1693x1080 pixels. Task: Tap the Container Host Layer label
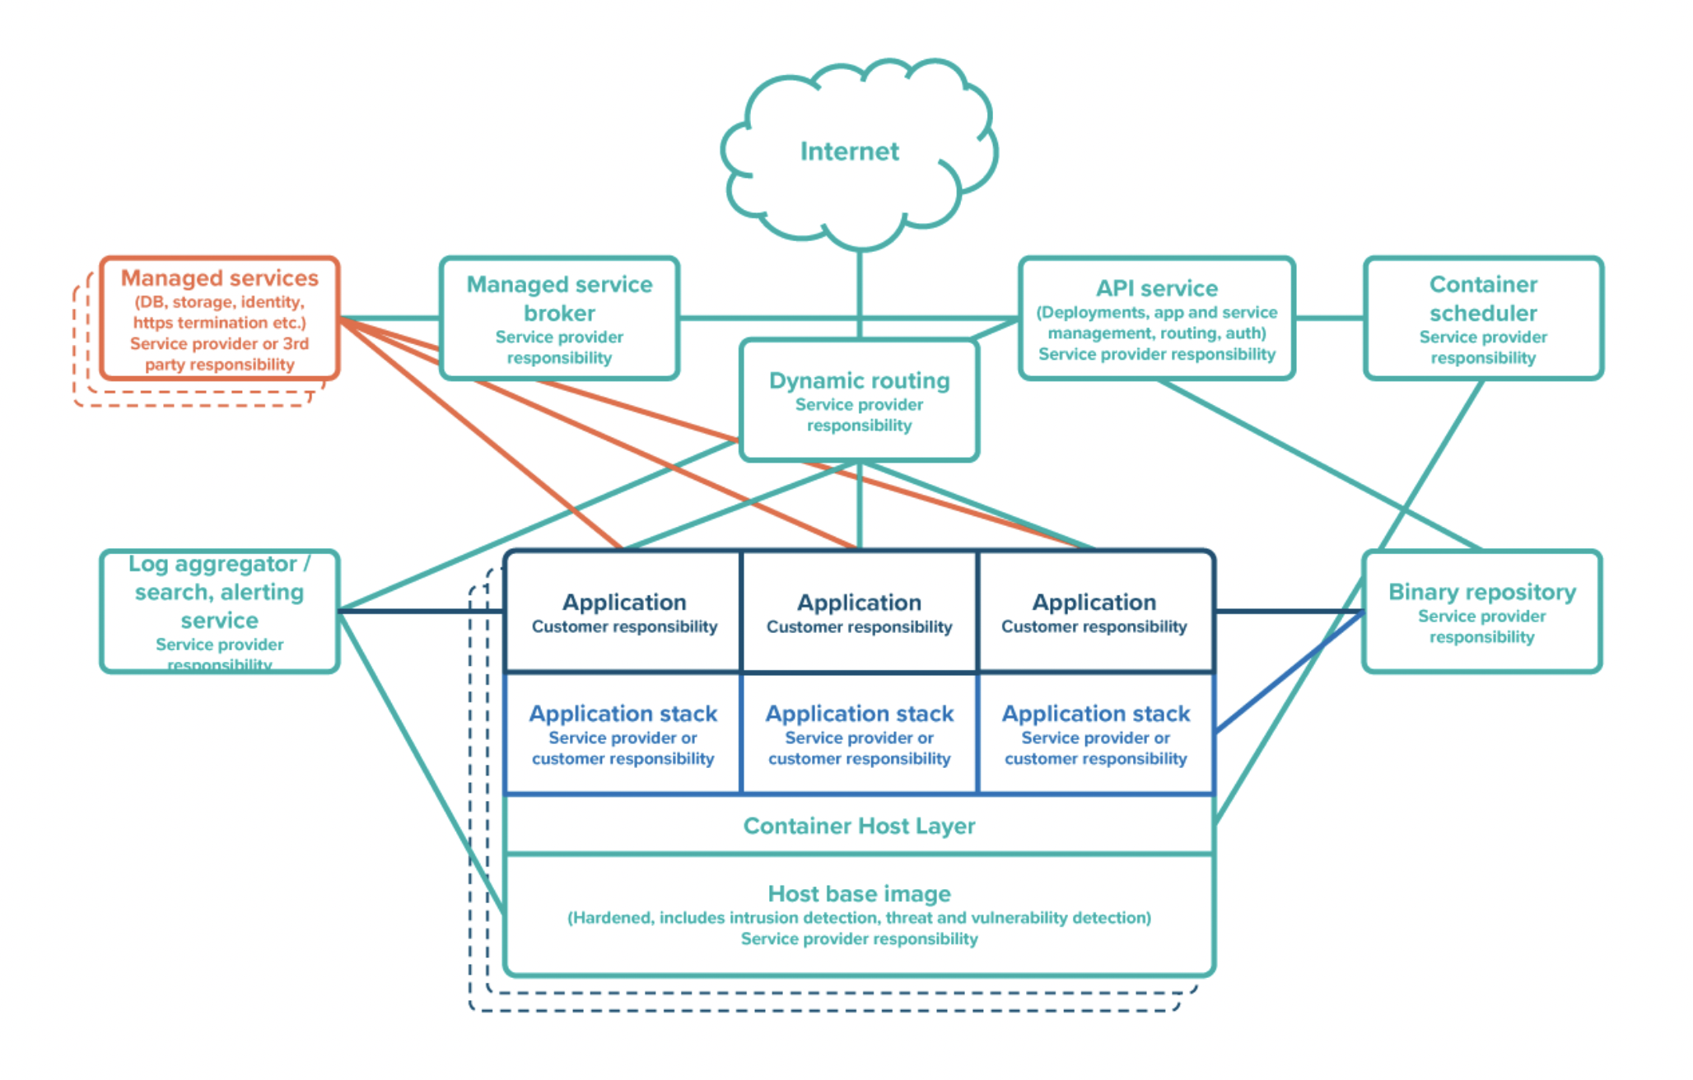[x=859, y=826]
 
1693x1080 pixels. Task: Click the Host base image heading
[x=859, y=894]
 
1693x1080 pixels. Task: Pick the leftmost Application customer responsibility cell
[x=623, y=612]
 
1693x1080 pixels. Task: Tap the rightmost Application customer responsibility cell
[x=1095, y=612]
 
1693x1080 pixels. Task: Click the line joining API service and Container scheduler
[x=1329, y=318]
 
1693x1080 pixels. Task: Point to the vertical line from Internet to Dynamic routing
[x=860, y=293]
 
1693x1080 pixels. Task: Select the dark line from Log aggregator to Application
[x=422, y=611]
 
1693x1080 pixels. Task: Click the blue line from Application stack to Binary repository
[x=1290, y=672]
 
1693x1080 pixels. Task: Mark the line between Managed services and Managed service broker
[x=389, y=318]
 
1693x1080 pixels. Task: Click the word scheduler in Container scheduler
[x=1483, y=313]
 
